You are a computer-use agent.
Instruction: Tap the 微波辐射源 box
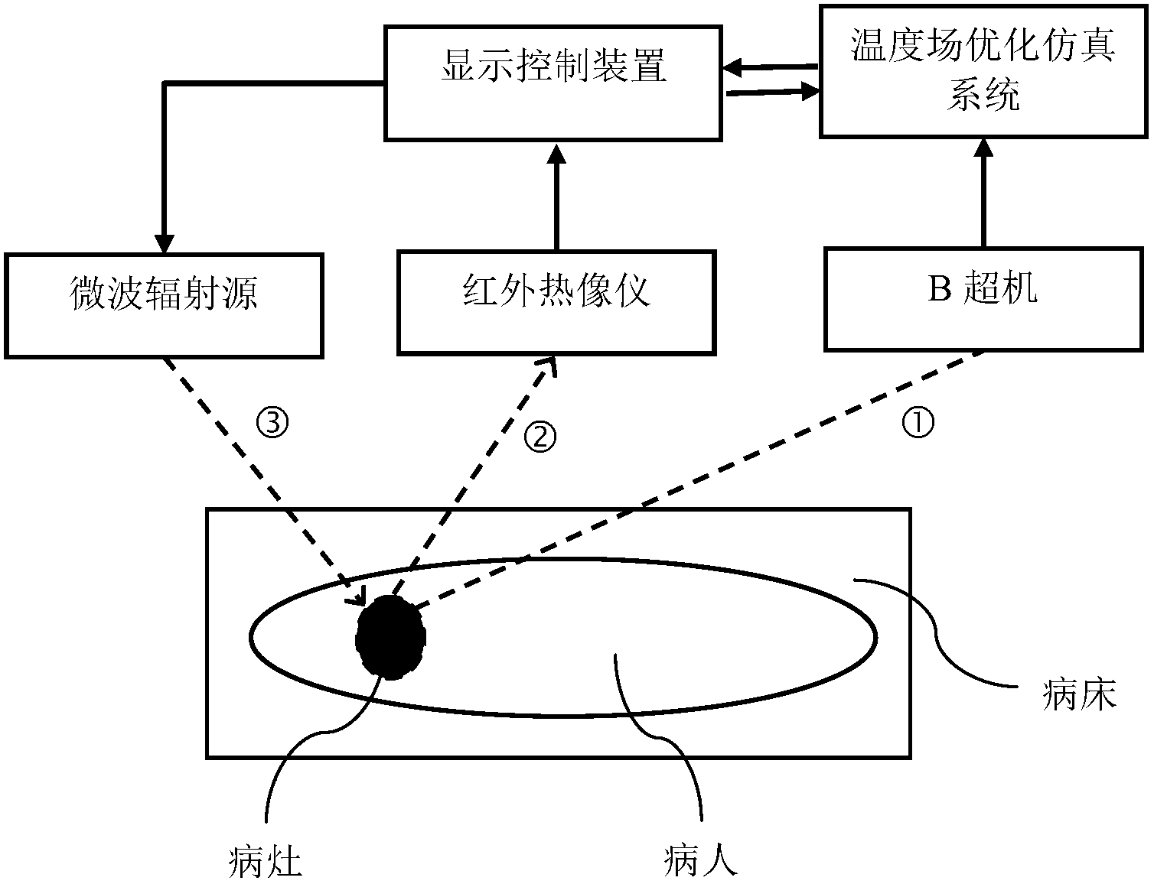(164, 304)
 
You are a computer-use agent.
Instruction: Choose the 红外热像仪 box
(556, 302)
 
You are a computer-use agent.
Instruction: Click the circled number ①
(918, 421)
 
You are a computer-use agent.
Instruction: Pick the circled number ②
(540, 436)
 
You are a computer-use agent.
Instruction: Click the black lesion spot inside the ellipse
(391, 637)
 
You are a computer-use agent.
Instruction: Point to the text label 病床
(1079, 695)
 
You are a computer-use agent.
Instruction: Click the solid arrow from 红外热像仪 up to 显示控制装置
(556, 199)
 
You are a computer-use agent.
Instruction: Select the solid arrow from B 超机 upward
(983, 195)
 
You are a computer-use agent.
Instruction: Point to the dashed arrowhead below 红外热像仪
(549, 367)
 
